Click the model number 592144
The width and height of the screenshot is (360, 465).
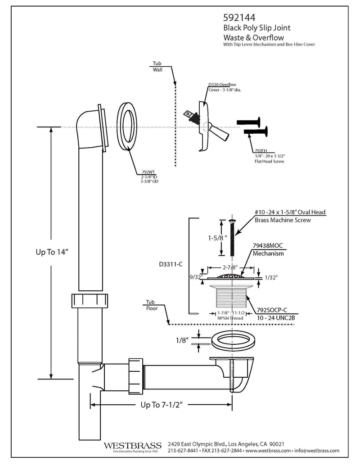239,18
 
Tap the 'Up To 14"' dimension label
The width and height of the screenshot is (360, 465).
52,252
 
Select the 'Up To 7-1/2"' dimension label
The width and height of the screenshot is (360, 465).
161,405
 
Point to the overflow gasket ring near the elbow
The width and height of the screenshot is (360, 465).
127,127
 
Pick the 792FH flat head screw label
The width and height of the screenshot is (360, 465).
261,151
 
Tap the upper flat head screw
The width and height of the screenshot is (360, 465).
248,122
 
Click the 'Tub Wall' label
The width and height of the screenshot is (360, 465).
157,67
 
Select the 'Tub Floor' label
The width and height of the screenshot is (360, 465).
152,305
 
